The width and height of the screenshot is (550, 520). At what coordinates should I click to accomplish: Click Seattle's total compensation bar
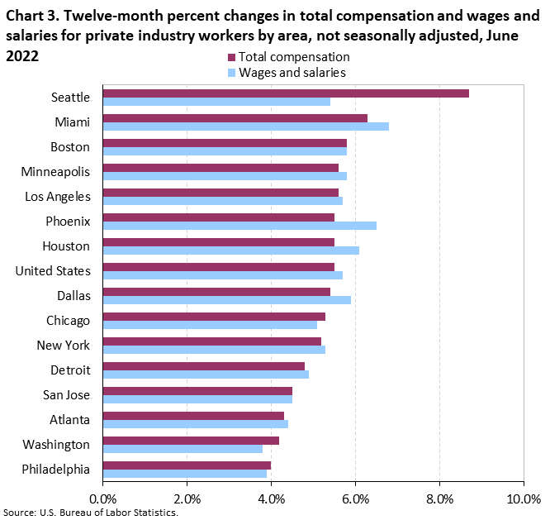pos(286,93)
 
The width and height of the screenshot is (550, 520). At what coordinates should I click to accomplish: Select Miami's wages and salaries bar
pos(245,126)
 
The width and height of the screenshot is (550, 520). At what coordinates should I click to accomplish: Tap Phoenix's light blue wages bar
pos(239,226)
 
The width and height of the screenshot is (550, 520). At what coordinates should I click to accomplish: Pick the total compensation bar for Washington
pos(191,441)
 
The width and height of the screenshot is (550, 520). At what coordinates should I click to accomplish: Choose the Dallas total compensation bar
pos(216,291)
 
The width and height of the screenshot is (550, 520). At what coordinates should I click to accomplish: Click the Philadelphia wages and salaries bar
pos(185,474)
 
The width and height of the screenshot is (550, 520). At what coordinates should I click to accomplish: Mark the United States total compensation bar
pos(219,266)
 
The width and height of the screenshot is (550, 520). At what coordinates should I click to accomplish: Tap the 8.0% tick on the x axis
pos(439,499)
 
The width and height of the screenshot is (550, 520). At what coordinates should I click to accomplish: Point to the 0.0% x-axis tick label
pos(103,499)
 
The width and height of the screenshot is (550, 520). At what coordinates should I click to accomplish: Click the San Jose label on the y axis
pos(67,394)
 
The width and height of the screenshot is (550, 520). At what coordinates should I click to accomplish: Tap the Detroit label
pos(70,370)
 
